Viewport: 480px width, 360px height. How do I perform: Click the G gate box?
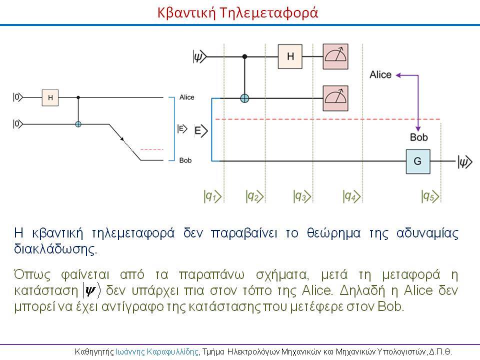[418, 161]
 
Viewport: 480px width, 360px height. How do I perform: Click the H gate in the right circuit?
[290, 56]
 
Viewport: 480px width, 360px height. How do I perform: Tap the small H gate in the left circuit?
[50, 97]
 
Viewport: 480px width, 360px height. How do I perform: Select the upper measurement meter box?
[335, 56]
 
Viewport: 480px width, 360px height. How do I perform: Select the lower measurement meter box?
[335, 98]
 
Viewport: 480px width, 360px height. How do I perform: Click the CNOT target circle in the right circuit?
[244, 98]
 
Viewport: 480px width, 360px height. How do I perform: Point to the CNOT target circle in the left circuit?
[78, 124]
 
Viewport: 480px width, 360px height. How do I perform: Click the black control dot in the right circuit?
[244, 56]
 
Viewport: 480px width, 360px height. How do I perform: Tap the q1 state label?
[212, 196]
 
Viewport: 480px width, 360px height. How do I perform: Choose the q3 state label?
[302, 196]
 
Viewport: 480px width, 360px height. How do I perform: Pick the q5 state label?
[430, 196]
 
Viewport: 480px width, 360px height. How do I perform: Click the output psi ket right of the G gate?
[465, 161]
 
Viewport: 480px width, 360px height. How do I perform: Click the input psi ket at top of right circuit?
[199, 56]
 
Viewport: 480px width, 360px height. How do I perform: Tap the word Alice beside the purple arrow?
[380, 74]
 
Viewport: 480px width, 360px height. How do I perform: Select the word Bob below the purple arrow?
[419, 137]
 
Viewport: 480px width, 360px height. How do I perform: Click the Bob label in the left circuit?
[185, 160]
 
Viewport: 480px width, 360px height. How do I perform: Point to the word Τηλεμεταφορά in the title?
[269, 13]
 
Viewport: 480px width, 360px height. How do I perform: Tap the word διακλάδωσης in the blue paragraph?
[55, 249]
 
